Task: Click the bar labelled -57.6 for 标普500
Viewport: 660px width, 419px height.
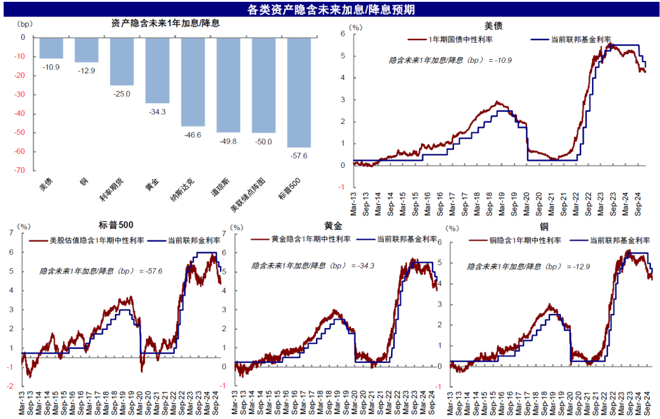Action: pos(299,92)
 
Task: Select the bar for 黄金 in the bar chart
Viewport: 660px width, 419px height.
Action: pos(158,70)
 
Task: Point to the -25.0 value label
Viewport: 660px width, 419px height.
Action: pos(122,93)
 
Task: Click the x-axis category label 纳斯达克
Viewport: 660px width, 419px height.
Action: pos(183,191)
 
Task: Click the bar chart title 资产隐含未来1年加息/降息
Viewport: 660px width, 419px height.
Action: pos(166,24)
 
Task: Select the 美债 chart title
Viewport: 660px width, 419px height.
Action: pos(493,26)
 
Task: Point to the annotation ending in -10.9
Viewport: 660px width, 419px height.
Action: pos(450,60)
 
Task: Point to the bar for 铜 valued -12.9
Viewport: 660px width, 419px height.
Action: pos(87,50)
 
